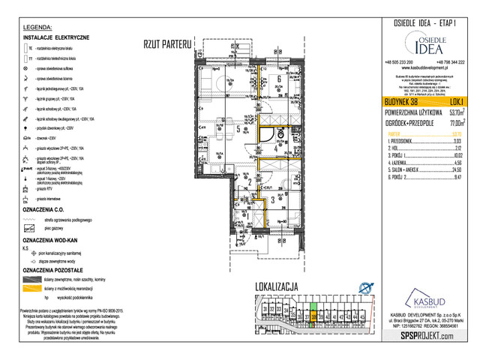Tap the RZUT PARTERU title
click(x=167, y=43)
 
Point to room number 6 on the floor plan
click(x=279, y=78)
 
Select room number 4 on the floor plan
click(x=275, y=148)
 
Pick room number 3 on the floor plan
click(x=273, y=199)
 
